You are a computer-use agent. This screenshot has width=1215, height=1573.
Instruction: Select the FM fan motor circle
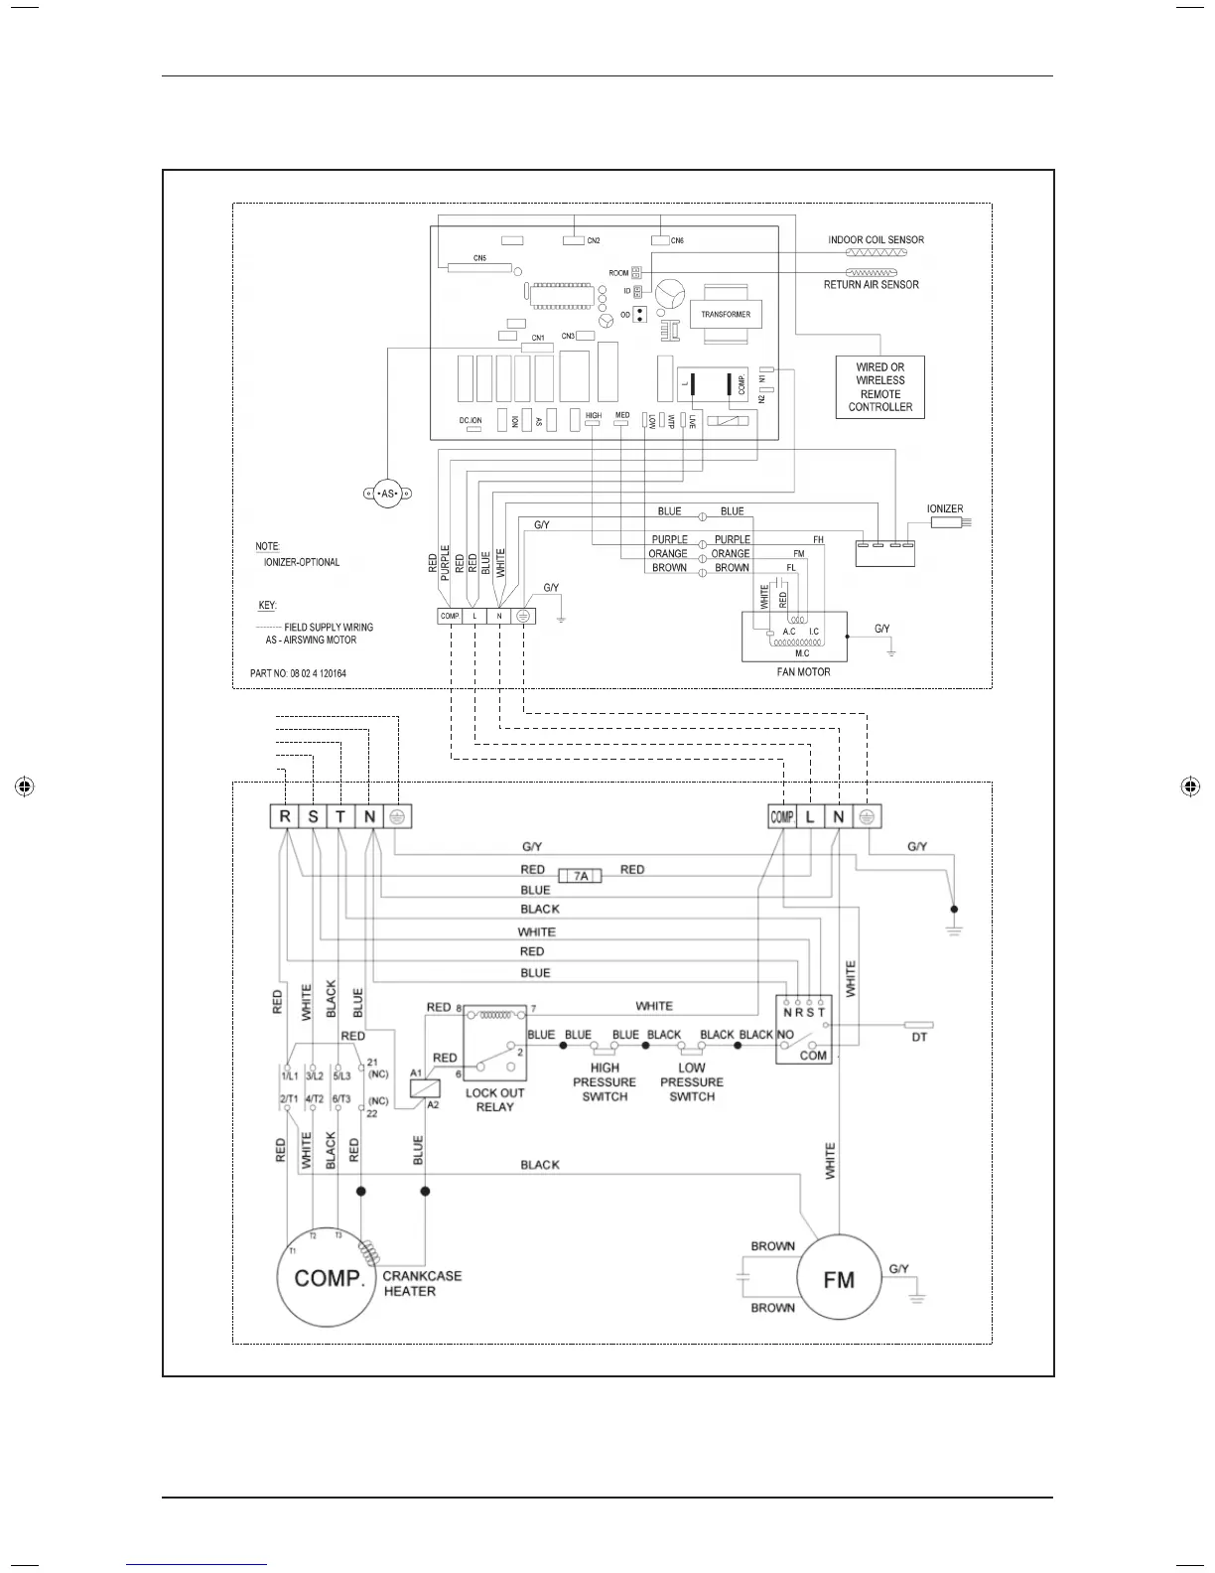tap(839, 1279)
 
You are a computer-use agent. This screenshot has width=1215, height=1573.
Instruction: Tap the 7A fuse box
tap(581, 876)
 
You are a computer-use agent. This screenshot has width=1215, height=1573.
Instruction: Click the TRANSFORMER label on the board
tap(726, 315)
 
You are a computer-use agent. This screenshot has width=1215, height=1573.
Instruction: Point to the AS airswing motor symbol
tap(387, 494)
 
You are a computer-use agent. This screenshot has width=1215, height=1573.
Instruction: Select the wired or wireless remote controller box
tap(879, 387)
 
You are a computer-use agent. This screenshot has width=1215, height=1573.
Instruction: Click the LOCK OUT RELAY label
tap(494, 1099)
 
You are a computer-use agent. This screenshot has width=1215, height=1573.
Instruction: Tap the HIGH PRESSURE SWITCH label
tap(605, 1082)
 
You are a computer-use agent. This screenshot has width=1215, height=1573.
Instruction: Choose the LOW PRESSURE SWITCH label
tap(692, 1082)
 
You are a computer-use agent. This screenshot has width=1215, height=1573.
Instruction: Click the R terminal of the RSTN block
tap(285, 816)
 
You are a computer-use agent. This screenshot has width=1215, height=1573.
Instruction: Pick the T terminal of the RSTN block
tap(340, 816)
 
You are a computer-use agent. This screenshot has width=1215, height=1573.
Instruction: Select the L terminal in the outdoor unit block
tap(810, 816)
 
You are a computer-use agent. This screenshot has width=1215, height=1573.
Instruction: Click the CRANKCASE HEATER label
tap(422, 1283)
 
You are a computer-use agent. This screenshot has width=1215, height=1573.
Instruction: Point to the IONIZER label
tap(945, 508)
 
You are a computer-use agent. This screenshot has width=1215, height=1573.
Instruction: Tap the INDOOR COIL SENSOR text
tap(876, 239)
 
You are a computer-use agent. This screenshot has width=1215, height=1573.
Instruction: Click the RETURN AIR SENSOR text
tap(871, 285)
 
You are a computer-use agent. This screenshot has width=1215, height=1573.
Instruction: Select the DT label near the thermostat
tap(919, 1037)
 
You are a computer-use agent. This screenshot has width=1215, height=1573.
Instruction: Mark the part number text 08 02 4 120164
tap(298, 673)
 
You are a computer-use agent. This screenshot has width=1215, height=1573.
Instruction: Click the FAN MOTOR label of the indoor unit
tap(803, 672)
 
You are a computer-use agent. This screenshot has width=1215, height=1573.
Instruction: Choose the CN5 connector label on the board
tap(479, 258)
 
